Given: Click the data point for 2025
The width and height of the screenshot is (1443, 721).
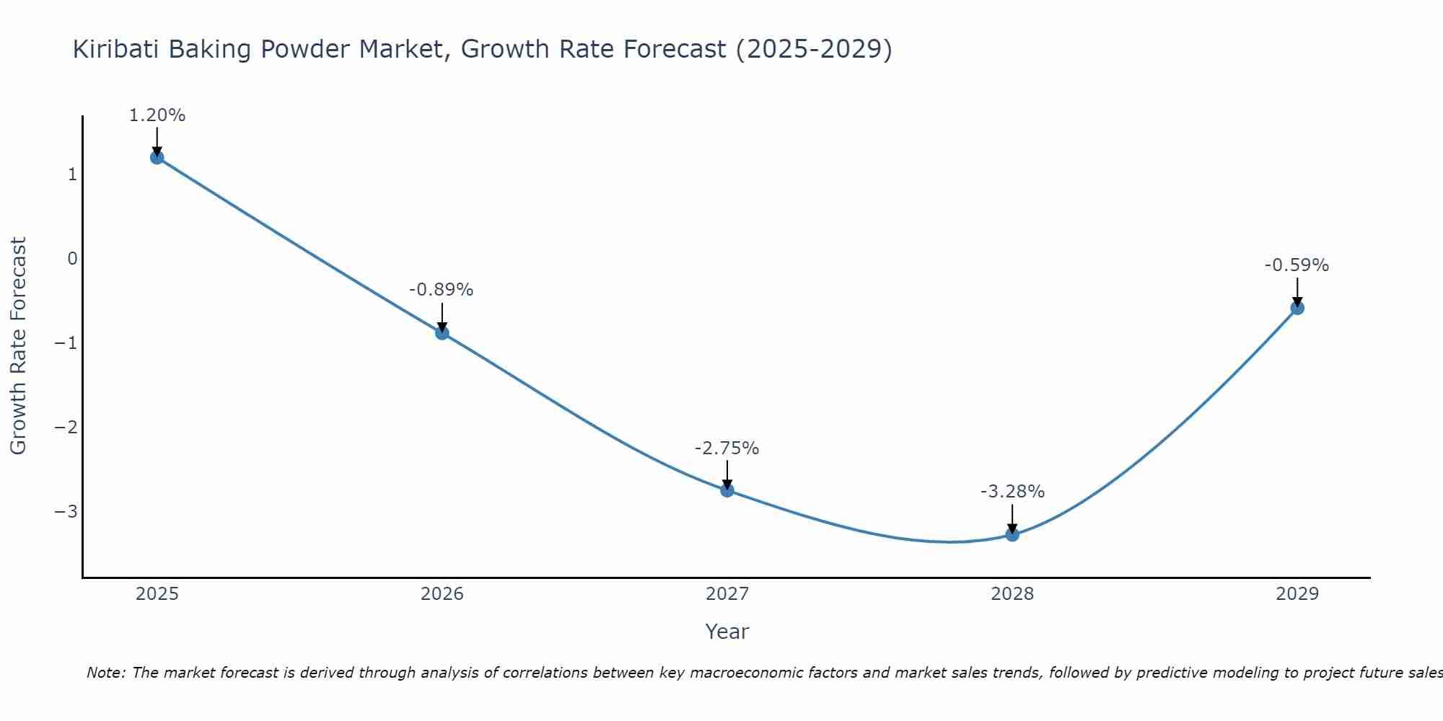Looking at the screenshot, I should [x=157, y=158].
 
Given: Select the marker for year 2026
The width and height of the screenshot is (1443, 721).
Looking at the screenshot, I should [x=442, y=333].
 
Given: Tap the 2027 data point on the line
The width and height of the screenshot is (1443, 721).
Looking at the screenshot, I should [x=727, y=490].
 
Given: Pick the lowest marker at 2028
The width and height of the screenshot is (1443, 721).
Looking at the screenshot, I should [x=1012, y=534].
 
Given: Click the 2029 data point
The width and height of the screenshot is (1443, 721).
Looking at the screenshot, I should [x=1297, y=308].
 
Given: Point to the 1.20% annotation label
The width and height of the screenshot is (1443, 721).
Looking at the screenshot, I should [x=157, y=115].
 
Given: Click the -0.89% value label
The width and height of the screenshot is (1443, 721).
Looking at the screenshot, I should [x=442, y=290].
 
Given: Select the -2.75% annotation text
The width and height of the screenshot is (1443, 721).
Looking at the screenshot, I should [x=727, y=448].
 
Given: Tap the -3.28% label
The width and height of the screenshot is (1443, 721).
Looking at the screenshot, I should [x=1012, y=492].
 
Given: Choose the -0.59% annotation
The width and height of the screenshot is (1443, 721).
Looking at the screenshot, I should [x=1297, y=265].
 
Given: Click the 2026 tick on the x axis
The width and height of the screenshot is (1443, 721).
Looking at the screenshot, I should [x=442, y=594].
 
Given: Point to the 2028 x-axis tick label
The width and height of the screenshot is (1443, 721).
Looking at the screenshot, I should [x=1012, y=594].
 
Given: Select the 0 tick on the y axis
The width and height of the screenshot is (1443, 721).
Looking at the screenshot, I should [x=72, y=259].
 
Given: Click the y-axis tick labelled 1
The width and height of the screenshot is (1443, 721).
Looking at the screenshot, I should [x=72, y=174].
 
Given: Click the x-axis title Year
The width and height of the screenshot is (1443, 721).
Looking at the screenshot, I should [x=727, y=632].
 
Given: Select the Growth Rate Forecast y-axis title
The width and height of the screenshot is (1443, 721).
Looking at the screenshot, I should [x=18, y=346].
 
